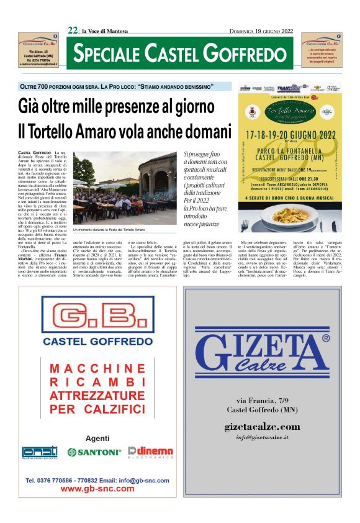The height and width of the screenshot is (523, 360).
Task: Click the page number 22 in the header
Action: tap(73, 30)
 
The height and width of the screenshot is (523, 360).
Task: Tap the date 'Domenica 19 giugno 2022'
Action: tap(262, 30)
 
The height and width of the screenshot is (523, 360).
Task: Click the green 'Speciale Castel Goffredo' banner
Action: tap(181, 53)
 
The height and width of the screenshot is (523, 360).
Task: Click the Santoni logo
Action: tap(94, 452)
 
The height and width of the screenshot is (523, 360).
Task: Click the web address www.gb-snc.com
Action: tap(97, 489)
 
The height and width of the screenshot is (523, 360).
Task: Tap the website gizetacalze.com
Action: tap(262, 427)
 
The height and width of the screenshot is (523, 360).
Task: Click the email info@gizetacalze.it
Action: tap(262, 437)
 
